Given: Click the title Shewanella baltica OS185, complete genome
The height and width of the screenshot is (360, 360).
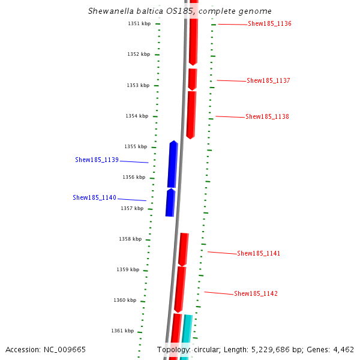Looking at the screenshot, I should pyautogui.click(x=179, y=11).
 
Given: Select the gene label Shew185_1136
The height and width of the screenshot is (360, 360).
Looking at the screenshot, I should pyautogui.click(x=269, y=24).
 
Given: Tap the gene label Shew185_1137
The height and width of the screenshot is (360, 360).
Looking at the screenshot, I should pyautogui.click(x=268, y=80).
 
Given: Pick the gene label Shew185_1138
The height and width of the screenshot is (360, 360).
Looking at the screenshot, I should pyautogui.click(x=267, y=116).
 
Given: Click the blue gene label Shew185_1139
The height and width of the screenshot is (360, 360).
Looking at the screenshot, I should pyautogui.click(x=97, y=160).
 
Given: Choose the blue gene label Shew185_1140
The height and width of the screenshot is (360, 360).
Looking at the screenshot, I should pyautogui.click(x=94, y=197).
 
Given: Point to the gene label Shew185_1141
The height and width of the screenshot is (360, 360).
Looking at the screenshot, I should pyautogui.click(x=259, y=253).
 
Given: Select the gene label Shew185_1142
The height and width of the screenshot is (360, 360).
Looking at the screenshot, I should pyautogui.click(x=256, y=293).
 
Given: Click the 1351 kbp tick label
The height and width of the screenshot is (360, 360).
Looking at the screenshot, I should pyautogui.click(x=139, y=23).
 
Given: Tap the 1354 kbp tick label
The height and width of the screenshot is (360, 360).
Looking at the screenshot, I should pyautogui.click(x=136, y=116).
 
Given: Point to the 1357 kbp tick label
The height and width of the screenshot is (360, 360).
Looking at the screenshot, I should pyautogui.click(x=132, y=208).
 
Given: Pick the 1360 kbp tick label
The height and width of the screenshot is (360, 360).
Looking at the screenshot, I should pyautogui.click(x=125, y=300).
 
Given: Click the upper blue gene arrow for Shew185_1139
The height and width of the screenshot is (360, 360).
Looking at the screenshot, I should pyautogui.click(x=173, y=164).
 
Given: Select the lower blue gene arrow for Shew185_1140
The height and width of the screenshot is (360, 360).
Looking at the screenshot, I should pyautogui.click(x=170, y=203).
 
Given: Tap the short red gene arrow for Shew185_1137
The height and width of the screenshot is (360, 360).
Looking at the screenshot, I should pyautogui.click(x=192, y=79).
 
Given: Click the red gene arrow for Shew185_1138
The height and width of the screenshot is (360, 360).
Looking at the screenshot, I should pyautogui.click(x=191, y=115).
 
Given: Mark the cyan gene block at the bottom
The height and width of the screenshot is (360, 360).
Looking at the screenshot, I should pyautogui.click(x=186, y=336).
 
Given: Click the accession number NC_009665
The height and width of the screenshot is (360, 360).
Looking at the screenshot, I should pyautogui.click(x=62, y=349).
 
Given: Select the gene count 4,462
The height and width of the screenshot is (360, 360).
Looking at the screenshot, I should pyautogui.click(x=343, y=349).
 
